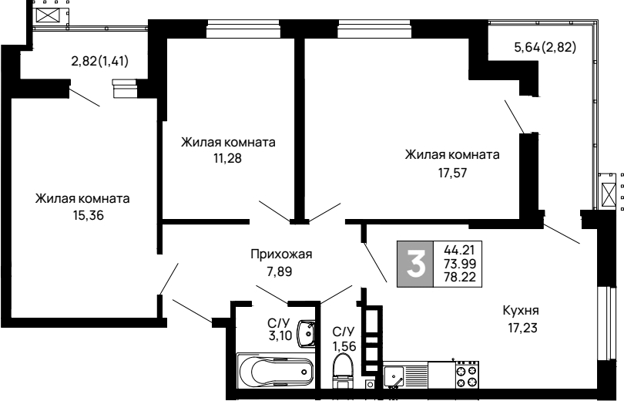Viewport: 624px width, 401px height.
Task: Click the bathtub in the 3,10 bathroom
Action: click(275, 371)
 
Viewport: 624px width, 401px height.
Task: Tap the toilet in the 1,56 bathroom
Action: click(343, 371)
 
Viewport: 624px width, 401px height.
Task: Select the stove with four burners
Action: click(467, 375)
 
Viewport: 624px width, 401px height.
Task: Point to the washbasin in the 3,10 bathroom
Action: click(307, 333)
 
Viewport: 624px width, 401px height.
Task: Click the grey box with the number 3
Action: click(415, 264)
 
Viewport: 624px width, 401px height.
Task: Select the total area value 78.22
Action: click(460, 277)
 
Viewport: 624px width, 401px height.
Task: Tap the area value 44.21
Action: click(459, 250)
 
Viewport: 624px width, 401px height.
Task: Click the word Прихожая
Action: click(281, 254)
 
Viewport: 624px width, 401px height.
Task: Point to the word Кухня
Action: click(521, 310)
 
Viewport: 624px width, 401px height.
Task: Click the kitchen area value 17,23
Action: click(522, 328)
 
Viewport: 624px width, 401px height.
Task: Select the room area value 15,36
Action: click(88, 215)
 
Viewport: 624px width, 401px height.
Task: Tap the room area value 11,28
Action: click(227, 159)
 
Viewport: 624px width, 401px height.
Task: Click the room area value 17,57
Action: click(452, 173)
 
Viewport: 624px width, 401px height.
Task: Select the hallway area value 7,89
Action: click(280, 272)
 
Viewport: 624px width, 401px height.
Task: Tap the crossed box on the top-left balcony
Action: click(47, 15)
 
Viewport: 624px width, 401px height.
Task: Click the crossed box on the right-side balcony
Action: click(608, 195)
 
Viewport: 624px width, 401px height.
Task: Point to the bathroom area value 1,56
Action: click(344, 346)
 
